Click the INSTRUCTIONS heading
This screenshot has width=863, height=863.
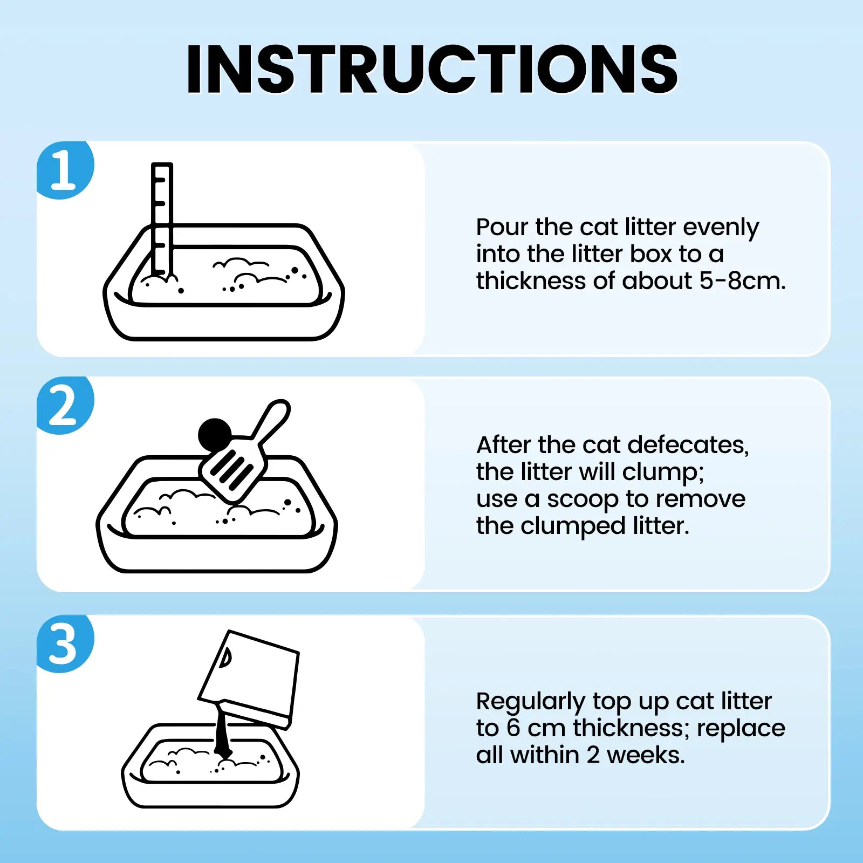[x=432, y=69]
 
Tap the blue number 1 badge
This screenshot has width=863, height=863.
[x=65, y=170]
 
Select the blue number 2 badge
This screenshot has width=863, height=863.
[x=65, y=406]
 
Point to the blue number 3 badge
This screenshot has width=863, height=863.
[x=65, y=644]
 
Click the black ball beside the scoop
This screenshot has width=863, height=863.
[x=215, y=435]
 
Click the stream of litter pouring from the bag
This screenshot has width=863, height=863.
[x=222, y=731]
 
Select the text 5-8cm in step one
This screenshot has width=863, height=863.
[x=742, y=281]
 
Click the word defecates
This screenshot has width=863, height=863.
[x=688, y=445]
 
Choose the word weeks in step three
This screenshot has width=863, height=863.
[x=646, y=755]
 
